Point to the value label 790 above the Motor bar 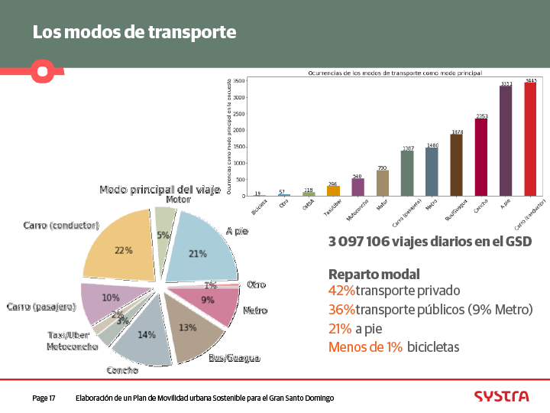383,167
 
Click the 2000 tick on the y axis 240,130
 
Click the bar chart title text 395,73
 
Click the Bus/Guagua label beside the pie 234,358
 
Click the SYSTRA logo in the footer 500,396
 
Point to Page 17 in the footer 44,398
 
